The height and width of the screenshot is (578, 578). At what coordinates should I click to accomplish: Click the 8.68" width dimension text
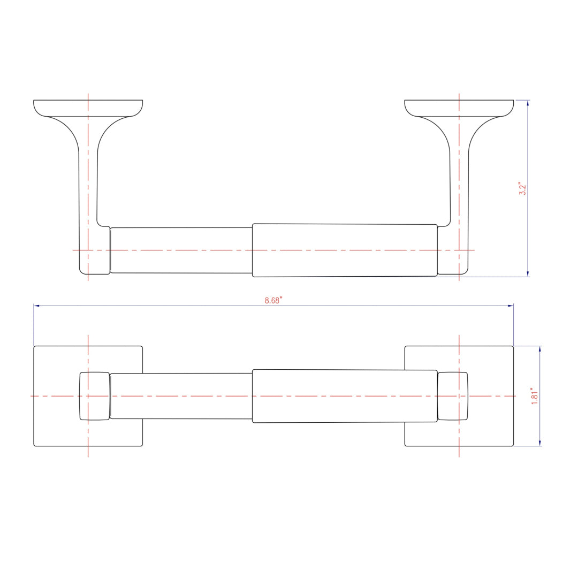point(273,301)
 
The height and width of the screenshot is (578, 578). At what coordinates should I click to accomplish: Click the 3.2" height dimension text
point(523,189)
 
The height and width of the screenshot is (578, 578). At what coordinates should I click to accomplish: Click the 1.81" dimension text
point(534,396)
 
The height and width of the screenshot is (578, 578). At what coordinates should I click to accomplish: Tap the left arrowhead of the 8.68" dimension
point(36,306)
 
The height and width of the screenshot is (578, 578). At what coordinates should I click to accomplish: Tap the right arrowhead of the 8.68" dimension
point(511,306)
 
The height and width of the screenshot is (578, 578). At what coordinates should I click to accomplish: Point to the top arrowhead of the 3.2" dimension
point(528,103)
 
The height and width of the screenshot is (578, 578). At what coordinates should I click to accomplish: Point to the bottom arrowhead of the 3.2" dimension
point(528,273)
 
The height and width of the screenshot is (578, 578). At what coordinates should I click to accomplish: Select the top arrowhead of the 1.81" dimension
point(539,349)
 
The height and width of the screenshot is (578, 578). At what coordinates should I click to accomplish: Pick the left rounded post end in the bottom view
point(94,396)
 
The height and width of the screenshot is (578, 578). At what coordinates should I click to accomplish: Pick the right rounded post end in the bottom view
point(453,396)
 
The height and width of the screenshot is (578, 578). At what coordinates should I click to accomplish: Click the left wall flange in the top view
point(88,108)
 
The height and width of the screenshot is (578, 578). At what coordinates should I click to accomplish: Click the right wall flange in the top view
point(459,108)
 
